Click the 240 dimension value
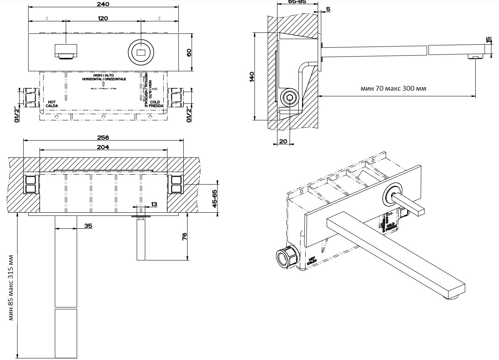coord(103,4)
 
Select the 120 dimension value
coord(103,18)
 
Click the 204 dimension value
coord(103,147)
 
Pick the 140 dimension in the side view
coord(252,76)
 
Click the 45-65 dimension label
coord(215,199)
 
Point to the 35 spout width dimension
coord(88,226)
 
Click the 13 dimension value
coord(154,204)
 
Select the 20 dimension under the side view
coord(283,141)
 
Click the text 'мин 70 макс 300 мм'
coord(394,88)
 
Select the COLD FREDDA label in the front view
coord(154,104)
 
